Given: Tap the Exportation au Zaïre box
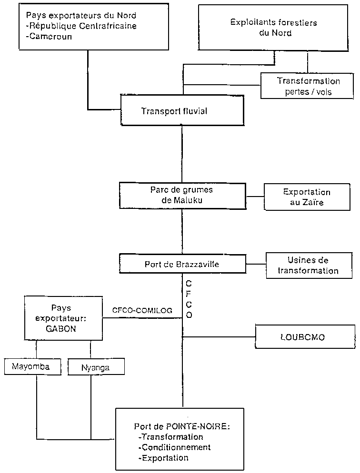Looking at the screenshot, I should (x=307, y=197).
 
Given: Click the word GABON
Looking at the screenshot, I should (x=61, y=328).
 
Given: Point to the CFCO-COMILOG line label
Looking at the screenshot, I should (x=142, y=310).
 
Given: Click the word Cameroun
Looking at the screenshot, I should (x=49, y=36).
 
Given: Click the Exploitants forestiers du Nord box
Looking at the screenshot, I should (x=273, y=28).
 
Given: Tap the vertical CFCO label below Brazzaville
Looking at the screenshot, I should (x=189, y=299).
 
